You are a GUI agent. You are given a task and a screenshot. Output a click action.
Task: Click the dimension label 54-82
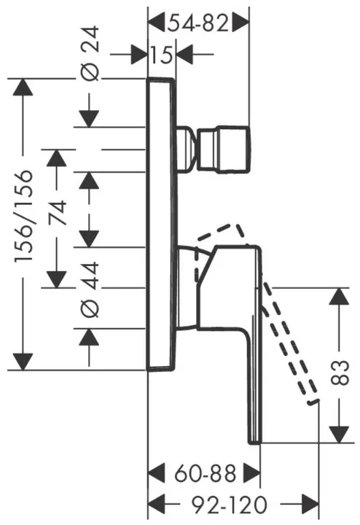pyautogui.click(x=198, y=23)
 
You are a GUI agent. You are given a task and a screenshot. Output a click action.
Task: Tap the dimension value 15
pyautogui.click(x=161, y=55)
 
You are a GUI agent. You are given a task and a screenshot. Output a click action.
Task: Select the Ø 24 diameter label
pyautogui.click(x=90, y=53)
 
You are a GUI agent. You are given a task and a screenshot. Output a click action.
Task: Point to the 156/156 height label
pyautogui.click(x=24, y=217)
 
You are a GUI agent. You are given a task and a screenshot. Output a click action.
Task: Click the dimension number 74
pyautogui.click(x=57, y=214)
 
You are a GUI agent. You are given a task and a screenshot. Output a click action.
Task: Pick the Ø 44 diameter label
pyautogui.click(x=90, y=289)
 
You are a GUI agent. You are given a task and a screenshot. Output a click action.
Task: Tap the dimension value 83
pyautogui.click(x=340, y=373)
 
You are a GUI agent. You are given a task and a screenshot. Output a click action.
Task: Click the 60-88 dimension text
pyautogui.click(x=205, y=473)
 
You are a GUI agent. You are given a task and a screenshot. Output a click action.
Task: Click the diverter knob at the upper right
pyautogui.click(x=224, y=149)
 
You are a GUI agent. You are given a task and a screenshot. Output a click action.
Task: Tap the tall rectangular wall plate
pyautogui.click(x=160, y=225)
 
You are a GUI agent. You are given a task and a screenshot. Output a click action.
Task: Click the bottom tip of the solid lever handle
pyautogui.click(x=255, y=443)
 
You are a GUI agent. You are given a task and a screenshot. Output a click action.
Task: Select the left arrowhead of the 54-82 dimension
pyautogui.click(x=156, y=23)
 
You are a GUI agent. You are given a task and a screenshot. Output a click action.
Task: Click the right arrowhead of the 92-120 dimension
pyautogui.click(x=310, y=504)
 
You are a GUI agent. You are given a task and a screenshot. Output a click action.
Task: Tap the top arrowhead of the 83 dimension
pyautogui.click(x=340, y=297)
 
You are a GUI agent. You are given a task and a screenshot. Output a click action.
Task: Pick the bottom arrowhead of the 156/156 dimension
pyautogui.click(x=23, y=362)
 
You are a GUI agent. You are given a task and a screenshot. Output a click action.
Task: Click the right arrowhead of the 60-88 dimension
pyautogui.click(x=251, y=473)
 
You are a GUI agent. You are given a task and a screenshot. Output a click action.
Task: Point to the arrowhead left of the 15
pyautogui.click(x=139, y=54)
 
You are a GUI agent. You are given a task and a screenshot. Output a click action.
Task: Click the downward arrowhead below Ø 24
pyautogui.click(x=90, y=119)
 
